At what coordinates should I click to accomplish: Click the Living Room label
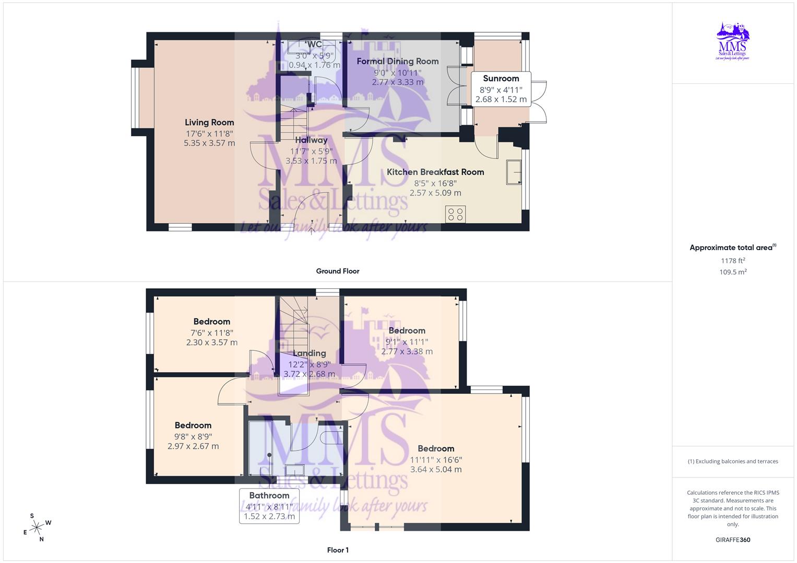[x=209, y=123]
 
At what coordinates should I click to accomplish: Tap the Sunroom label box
[x=501, y=89]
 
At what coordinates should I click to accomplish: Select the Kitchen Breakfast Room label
[x=435, y=172]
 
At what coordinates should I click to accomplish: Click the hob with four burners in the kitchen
[x=456, y=214]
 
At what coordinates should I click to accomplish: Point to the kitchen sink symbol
[x=514, y=172]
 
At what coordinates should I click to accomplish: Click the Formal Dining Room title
[x=398, y=61]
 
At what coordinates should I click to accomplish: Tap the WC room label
[x=315, y=44]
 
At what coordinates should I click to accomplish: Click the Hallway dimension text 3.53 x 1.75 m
[x=311, y=161]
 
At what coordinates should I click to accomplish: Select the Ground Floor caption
[x=338, y=271]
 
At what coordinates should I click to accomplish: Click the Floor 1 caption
[x=338, y=550]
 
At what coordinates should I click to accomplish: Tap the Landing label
[x=310, y=353]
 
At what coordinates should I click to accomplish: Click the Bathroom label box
[x=269, y=506]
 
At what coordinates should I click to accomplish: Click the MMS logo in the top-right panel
[x=732, y=42]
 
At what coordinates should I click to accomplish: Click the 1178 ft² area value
[x=733, y=261]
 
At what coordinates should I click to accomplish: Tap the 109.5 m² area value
[x=733, y=272]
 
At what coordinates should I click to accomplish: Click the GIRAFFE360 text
[x=733, y=540]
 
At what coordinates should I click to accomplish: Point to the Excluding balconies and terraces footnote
[x=733, y=461]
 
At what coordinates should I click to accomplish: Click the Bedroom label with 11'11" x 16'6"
[x=436, y=448]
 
